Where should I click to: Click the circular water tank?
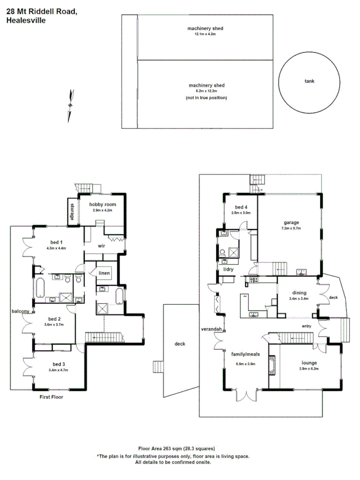tap(309, 82)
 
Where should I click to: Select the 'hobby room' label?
tap(102, 204)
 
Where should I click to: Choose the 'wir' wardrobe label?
tap(101, 246)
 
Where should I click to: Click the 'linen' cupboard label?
tap(104, 274)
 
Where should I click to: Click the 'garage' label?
tap(291, 222)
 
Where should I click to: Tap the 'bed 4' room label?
tap(241, 207)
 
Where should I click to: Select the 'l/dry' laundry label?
tap(228, 269)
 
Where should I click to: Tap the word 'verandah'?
tap(211, 329)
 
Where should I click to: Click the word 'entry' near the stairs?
tap(306, 326)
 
